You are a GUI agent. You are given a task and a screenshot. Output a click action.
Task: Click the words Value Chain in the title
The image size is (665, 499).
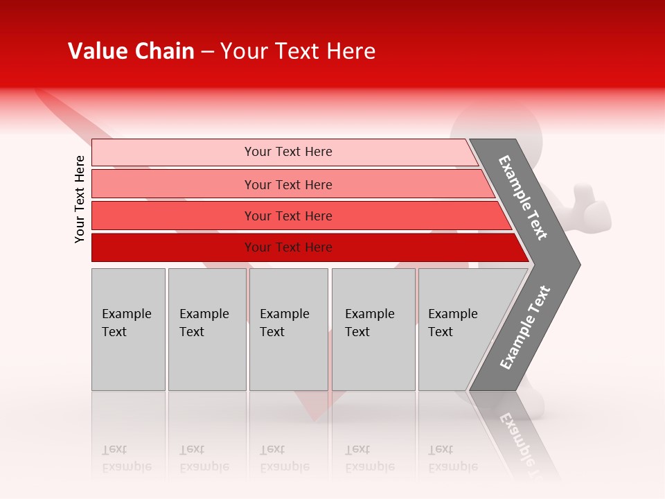[131, 51]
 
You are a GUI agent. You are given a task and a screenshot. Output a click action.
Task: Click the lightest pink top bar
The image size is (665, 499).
[173, 152]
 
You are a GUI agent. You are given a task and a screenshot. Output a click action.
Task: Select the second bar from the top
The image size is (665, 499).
[173, 184]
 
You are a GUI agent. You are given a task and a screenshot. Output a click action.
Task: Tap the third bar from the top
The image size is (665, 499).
[173, 216]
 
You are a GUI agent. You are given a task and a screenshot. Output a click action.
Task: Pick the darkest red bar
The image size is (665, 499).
[173, 247]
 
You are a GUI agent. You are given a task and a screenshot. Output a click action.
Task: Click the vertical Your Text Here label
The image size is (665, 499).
[80, 199]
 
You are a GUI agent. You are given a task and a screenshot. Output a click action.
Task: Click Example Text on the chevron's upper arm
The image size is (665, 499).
[523, 198]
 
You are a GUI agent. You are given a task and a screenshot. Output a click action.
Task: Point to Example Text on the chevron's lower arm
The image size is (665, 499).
[524, 328]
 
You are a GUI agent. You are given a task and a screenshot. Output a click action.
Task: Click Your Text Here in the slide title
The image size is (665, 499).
[298, 51]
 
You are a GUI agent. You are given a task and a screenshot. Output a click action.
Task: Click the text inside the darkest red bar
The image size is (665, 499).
[288, 247]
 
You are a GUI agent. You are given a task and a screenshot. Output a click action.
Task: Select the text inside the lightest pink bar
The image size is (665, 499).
[288, 152]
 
